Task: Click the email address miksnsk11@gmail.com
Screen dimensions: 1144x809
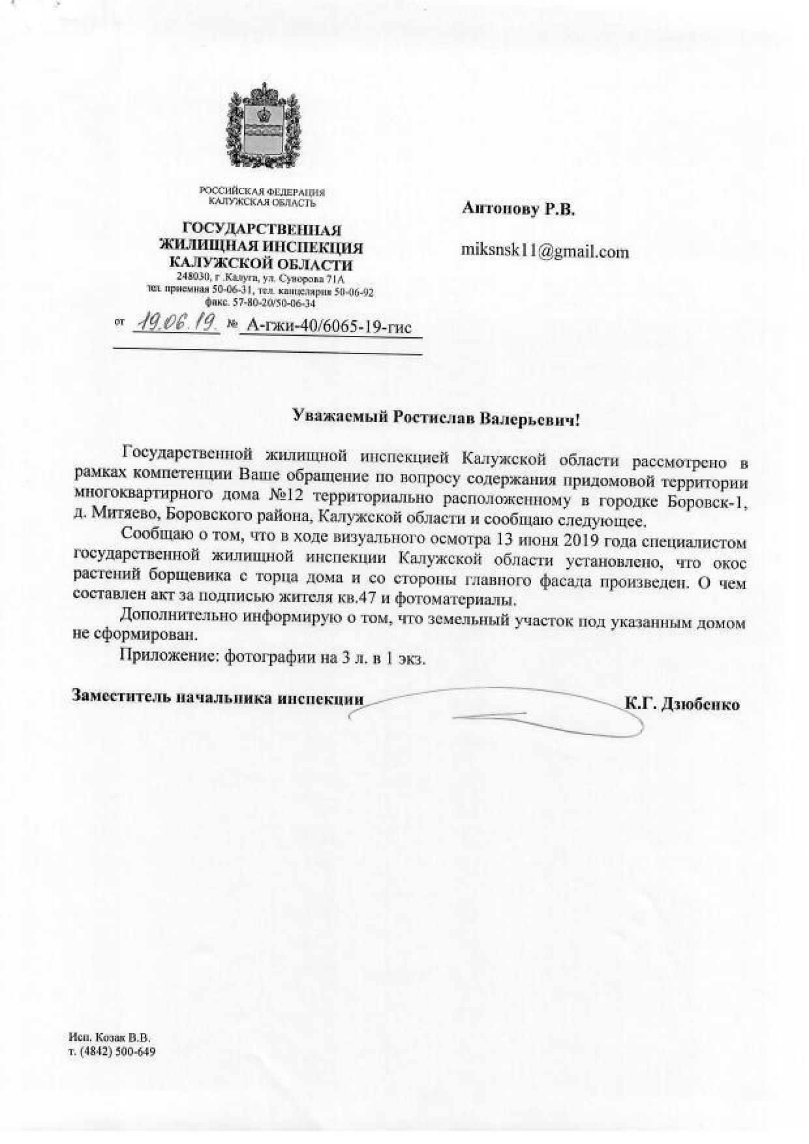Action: click(545, 252)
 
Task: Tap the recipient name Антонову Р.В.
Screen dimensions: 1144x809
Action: click(519, 209)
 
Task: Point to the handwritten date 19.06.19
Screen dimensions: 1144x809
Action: click(175, 323)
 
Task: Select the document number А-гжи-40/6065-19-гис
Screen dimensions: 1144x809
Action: click(326, 326)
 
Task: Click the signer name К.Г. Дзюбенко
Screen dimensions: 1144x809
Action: click(682, 704)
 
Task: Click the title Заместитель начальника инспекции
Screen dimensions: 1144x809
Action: click(217, 697)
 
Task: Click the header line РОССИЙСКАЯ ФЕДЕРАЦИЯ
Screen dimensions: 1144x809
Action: click(262, 192)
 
